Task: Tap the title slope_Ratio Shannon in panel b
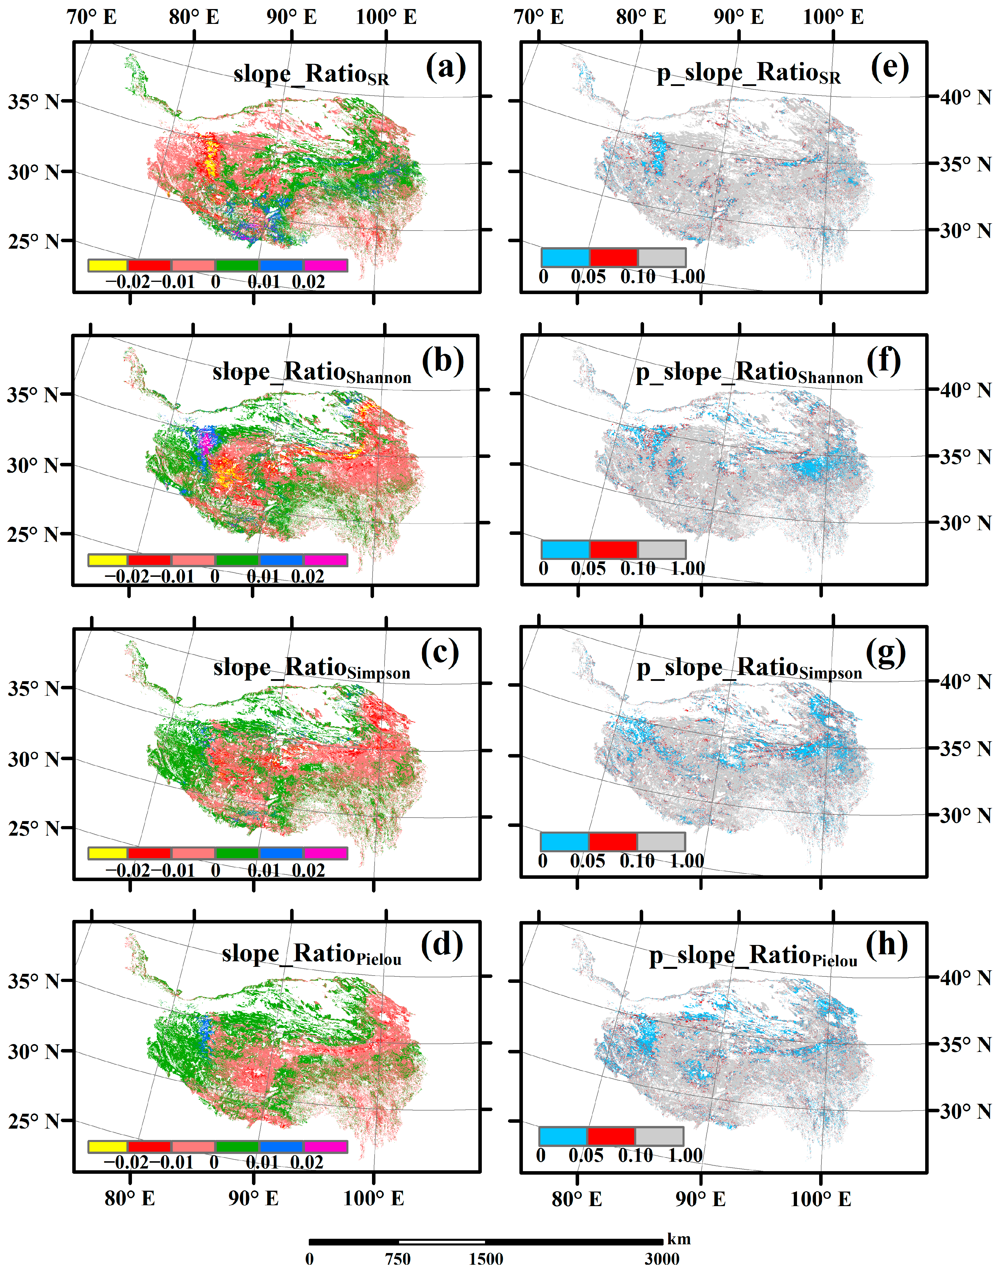click(x=311, y=373)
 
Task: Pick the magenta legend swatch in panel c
click(x=325, y=853)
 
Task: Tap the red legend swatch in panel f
click(x=613, y=549)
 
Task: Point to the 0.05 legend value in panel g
click(x=587, y=861)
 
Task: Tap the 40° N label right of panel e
click(x=965, y=97)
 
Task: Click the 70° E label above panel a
click(x=92, y=17)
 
